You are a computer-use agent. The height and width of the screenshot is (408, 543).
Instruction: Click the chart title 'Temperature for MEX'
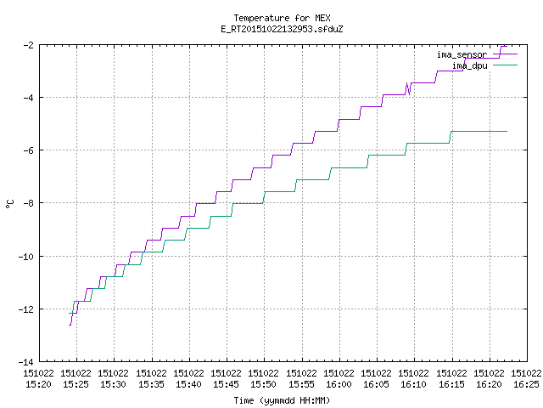coord(282,18)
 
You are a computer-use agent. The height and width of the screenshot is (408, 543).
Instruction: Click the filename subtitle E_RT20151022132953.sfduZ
coord(282,29)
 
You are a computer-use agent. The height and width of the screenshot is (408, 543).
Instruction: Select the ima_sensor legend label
coord(462,54)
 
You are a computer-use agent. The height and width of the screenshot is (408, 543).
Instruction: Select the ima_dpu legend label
coord(469,66)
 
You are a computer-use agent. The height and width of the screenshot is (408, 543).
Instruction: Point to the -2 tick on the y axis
coord(28,45)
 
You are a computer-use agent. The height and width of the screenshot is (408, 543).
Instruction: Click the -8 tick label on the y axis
coord(28,203)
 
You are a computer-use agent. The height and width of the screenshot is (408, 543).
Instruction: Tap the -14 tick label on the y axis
coord(26,362)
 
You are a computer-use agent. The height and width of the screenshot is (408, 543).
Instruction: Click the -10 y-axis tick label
coord(26,257)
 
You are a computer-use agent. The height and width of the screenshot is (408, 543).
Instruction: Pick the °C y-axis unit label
coord(9,204)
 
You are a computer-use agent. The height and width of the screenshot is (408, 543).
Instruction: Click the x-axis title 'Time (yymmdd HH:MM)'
coord(282,400)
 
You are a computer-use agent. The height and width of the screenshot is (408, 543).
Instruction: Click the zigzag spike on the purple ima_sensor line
coord(408,88)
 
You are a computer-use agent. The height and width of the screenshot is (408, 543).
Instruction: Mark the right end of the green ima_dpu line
coord(507,131)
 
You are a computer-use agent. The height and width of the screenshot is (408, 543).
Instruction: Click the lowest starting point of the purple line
coord(70,325)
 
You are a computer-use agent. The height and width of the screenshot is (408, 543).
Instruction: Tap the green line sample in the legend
coord(505,65)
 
